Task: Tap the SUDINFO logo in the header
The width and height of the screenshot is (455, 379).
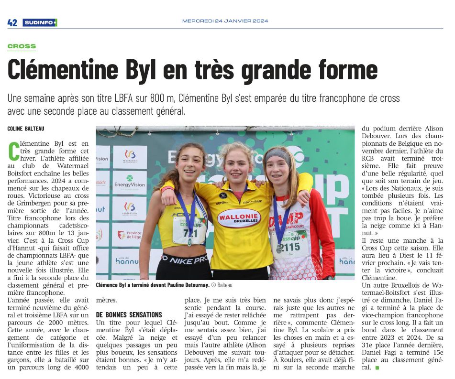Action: coord(40,22)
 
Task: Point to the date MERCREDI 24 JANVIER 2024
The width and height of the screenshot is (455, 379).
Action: coord(225,21)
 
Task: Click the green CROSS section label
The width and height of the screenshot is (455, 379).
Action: coord(22,46)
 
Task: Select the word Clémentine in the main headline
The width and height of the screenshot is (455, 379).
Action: coord(63,70)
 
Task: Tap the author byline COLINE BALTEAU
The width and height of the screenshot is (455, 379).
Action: coord(26,129)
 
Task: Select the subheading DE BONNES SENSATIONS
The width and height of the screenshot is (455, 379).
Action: coord(122,315)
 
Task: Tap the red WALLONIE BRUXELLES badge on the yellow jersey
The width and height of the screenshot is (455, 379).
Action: coord(239,218)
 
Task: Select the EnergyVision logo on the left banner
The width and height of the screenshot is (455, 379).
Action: coord(130,183)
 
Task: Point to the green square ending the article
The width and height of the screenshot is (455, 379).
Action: coord(377,368)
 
